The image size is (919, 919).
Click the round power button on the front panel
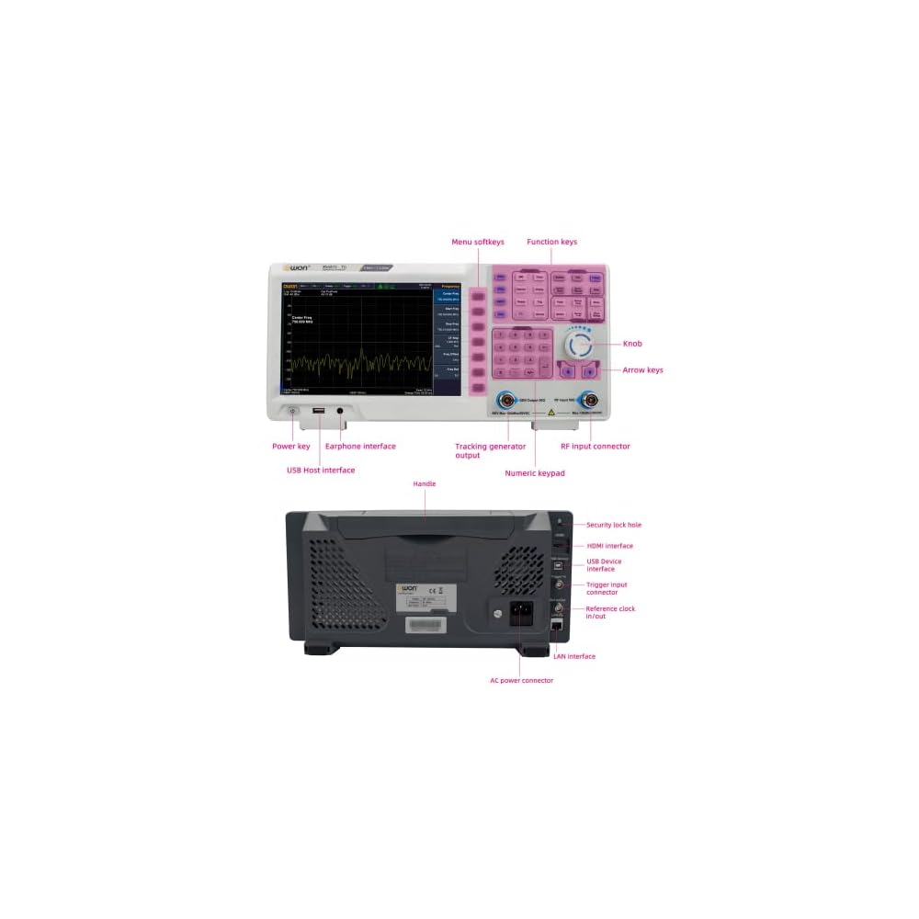(x=293, y=410)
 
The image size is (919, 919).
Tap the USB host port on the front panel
(x=317, y=410)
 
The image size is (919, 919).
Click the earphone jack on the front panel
(x=340, y=410)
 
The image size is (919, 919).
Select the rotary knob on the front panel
(x=579, y=345)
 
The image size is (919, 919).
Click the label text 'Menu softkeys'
(x=477, y=243)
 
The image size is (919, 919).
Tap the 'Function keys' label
(x=551, y=243)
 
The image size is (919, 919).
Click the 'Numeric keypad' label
(x=535, y=473)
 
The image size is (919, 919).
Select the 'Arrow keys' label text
(x=642, y=370)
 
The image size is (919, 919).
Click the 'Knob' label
(x=632, y=344)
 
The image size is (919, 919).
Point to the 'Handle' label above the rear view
(x=425, y=483)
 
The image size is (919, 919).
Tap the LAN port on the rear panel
(x=557, y=624)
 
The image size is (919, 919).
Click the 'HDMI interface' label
(x=609, y=546)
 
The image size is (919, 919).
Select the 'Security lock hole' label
(x=614, y=525)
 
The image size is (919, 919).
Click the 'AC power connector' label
(x=521, y=680)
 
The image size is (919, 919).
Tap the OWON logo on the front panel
(x=296, y=267)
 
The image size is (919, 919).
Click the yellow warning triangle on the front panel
(x=550, y=414)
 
